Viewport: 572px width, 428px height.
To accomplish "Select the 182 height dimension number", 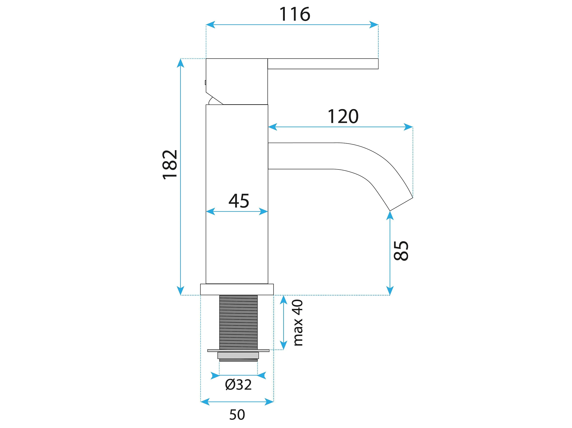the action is (170, 164).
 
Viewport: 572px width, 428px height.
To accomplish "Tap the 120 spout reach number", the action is (343, 116).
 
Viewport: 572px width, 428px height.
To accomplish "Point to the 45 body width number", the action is (239, 201).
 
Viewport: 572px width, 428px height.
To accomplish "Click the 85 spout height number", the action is (401, 251).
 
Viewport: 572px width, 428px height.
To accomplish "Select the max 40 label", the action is (298, 322).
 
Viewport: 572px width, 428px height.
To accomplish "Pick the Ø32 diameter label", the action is (238, 385).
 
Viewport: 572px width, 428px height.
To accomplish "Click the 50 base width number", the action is (237, 415).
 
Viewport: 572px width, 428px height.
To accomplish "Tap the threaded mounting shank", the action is (239, 322).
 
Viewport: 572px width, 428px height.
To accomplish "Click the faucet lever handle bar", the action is (323, 64).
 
